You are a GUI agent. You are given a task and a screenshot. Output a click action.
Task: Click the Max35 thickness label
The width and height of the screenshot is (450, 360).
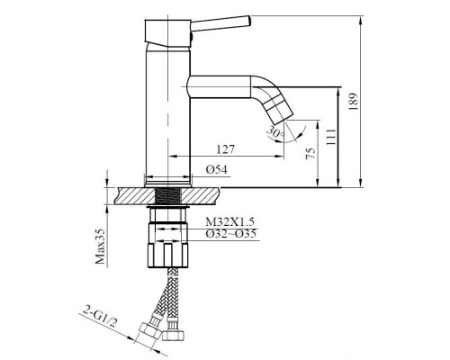tap(100, 244)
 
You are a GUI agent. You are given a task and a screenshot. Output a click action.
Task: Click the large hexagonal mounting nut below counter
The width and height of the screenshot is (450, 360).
tap(168, 256)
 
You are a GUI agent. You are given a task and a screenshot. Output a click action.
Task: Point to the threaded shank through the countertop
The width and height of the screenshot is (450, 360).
tap(168, 195)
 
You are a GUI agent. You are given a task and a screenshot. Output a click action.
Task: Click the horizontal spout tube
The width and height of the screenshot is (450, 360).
tap(225, 86)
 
